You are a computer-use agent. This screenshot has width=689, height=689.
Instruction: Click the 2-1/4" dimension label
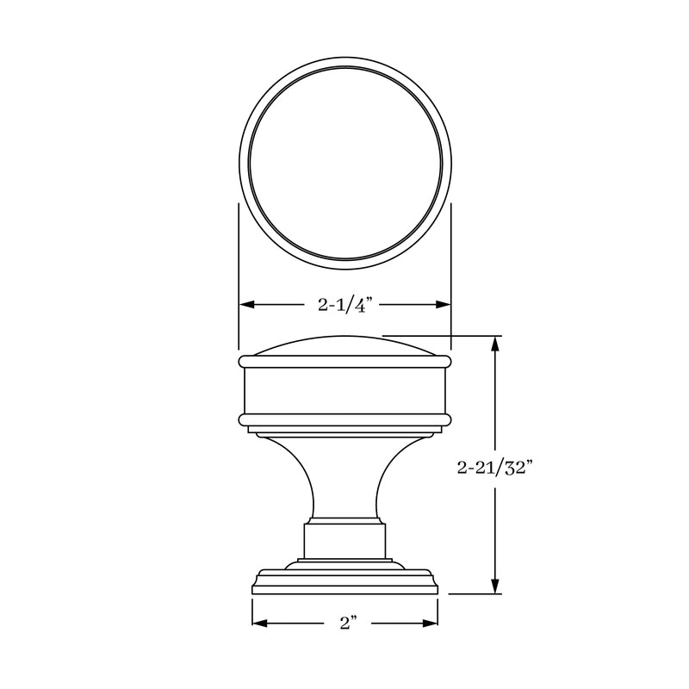[x=344, y=304]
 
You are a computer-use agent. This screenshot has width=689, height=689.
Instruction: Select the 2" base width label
[x=345, y=624]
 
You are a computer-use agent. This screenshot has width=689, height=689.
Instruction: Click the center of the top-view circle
[x=344, y=164]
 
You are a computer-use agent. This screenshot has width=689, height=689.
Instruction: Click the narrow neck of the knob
[x=344, y=482]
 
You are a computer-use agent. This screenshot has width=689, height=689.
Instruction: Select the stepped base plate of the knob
[x=344, y=581]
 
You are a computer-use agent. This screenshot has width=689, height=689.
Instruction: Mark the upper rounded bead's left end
[x=241, y=361]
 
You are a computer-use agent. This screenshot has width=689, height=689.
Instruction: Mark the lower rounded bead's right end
[x=448, y=420]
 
